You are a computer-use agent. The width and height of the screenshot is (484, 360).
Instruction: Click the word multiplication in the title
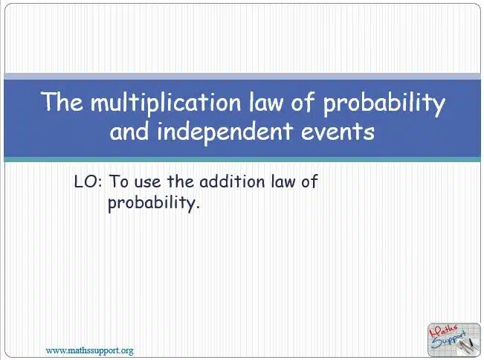[166, 102]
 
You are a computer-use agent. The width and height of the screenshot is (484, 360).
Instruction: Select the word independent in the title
[225, 131]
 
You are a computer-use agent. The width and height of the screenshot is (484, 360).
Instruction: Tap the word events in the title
[338, 132]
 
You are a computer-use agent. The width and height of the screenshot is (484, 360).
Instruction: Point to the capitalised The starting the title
[62, 101]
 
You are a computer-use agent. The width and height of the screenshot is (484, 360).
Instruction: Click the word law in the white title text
[265, 101]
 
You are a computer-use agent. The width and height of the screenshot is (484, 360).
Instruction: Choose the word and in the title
[129, 131]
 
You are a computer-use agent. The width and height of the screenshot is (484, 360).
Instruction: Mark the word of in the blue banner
[303, 101]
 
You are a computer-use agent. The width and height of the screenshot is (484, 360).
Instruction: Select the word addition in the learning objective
[232, 181]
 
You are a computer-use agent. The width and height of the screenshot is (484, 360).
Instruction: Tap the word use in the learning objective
[148, 182]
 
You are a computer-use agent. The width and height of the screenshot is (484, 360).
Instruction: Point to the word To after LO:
[119, 181]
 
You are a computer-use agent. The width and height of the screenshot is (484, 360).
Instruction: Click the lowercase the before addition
[181, 181]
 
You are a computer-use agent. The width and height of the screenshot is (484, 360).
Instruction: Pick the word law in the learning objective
[283, 181]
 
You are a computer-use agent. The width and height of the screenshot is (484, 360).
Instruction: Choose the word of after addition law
[309, 181]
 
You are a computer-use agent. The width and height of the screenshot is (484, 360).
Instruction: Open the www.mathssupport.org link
[89, 351]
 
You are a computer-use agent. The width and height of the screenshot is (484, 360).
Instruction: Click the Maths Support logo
[454, 339]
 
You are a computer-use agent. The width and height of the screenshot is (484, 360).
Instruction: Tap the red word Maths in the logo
[443, 332]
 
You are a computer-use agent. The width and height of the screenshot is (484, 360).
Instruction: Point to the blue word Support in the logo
[449, 341]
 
